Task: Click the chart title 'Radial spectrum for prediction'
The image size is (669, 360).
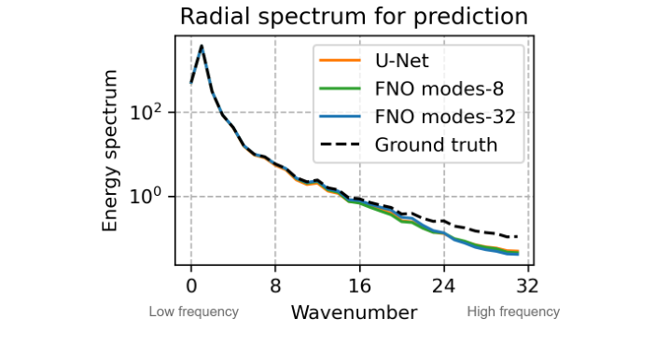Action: coord(354,17)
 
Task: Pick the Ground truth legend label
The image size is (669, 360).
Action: coord(436,145)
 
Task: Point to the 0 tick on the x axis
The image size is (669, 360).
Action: coord(191,286)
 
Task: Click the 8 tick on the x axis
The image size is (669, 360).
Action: coord(275,286)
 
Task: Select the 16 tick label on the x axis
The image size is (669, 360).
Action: coord(359,286)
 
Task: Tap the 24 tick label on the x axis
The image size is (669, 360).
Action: coord(444,286)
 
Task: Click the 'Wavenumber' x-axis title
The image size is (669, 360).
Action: coord(354,312)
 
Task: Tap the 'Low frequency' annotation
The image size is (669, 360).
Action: coord(193,312)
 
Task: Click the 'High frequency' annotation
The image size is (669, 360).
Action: coord(513,312)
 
